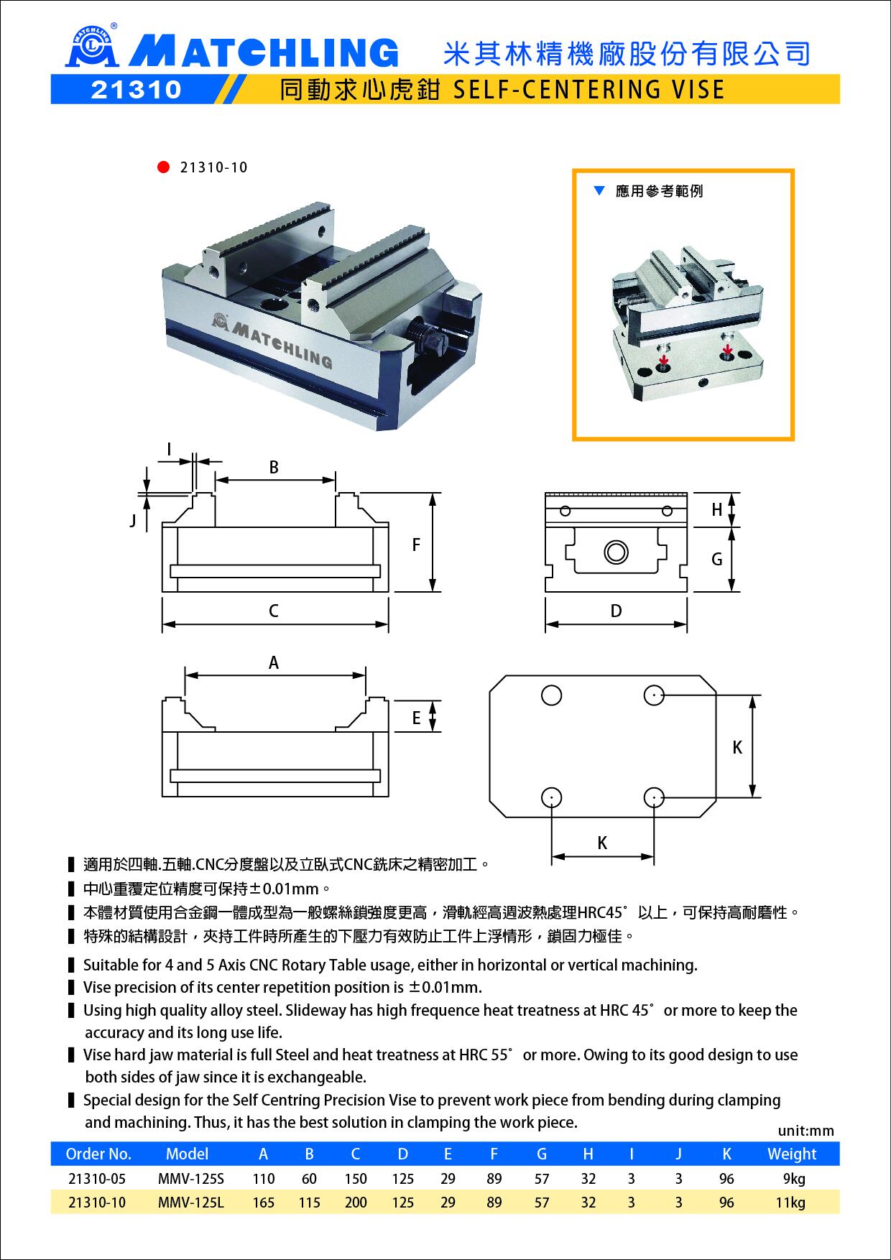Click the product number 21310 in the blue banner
pos(136,89)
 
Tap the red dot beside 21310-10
pos(163,167)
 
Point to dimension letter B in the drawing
pos(274,467)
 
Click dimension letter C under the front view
pos(274,611)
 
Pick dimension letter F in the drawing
pos(416,545)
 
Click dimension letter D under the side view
pos(616,611)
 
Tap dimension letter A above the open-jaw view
pos(274,663)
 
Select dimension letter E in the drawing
pos(416,718)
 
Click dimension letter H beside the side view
pos(716,510)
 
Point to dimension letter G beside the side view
pos(716,559)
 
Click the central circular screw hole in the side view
pos(616,552)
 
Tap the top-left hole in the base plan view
pos(552,695)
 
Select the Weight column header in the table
pos(792,1154)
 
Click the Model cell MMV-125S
pos(191,1179)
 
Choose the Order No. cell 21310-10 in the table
pos(96,1203)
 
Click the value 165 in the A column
pos(264,1203)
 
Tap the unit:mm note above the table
pos(806,1131)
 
